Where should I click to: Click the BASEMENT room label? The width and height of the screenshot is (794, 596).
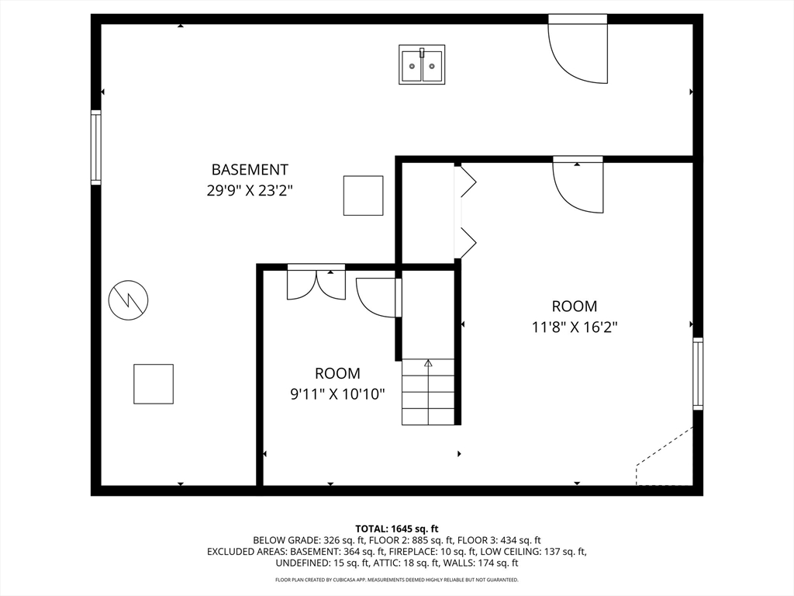[x=250, y=169]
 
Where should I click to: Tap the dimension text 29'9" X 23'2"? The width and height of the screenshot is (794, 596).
[x=250, y=191]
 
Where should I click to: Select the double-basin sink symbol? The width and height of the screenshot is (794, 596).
[x=422, y=64]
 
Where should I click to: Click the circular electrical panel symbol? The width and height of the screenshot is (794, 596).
[x=128, y=300]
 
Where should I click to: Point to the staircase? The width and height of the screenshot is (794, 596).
[x=428, y=392]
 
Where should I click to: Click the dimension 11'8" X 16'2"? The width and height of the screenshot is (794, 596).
[x=575, y=327]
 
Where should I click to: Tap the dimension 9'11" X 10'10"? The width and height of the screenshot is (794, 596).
[x=337, y=394]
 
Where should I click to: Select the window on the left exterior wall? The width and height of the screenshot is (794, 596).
[x=95, y=147]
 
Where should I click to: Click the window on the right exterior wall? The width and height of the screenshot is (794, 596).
[x=698, y=373]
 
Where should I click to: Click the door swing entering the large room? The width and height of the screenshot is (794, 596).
[x=578, y=185]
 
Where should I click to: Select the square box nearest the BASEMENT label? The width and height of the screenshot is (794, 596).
[x=363, y=196]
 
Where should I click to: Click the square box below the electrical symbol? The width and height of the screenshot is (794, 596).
[x=154, y=384]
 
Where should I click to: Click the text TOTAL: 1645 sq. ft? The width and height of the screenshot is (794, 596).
[x=396, y=529]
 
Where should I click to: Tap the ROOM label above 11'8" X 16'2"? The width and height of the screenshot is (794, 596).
[x=575, y=306]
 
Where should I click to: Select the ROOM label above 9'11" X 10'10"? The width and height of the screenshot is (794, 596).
[x=337, y=373]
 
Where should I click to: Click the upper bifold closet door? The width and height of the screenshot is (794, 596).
[x=466, y=181]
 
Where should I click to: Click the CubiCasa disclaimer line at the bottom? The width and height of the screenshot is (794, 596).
[x=396, y=580]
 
